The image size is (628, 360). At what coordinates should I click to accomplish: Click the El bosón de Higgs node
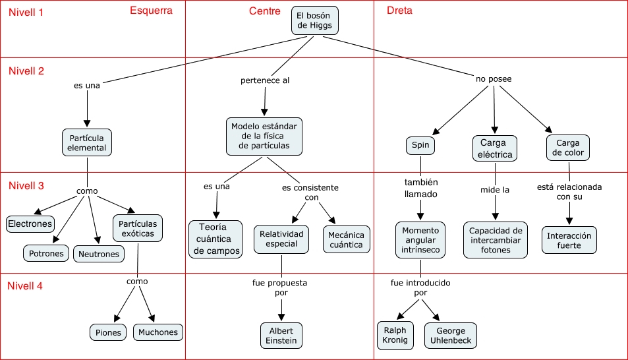pos(315,20)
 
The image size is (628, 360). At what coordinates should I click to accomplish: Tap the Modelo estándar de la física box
pos(264,136)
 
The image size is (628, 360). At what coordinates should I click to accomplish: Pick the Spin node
pos(420,145)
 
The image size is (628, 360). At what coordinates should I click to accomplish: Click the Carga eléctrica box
pos(494,148)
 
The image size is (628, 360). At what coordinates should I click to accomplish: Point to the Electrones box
pos(30,224)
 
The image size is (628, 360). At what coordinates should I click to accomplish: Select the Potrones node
pos(46,253)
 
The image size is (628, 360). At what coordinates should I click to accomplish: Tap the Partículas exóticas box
pos(138,228)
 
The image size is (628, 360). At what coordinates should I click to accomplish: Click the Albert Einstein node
pos(281,335)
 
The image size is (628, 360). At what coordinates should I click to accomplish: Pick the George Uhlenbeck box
pos(450,336)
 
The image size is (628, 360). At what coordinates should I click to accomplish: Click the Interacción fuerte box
pos(570,240)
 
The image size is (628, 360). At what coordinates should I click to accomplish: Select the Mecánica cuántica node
pos(347,239)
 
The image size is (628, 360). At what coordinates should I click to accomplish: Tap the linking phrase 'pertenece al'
pos(265,80)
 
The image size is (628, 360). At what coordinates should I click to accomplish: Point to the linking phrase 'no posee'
pos(494,79)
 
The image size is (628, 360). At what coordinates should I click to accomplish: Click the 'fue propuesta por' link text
pos(280,287)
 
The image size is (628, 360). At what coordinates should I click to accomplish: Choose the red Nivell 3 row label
pos(26,185)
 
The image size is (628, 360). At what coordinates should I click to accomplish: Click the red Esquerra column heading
pos(151,11)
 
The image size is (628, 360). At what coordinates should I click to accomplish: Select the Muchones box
pos(157,332)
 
